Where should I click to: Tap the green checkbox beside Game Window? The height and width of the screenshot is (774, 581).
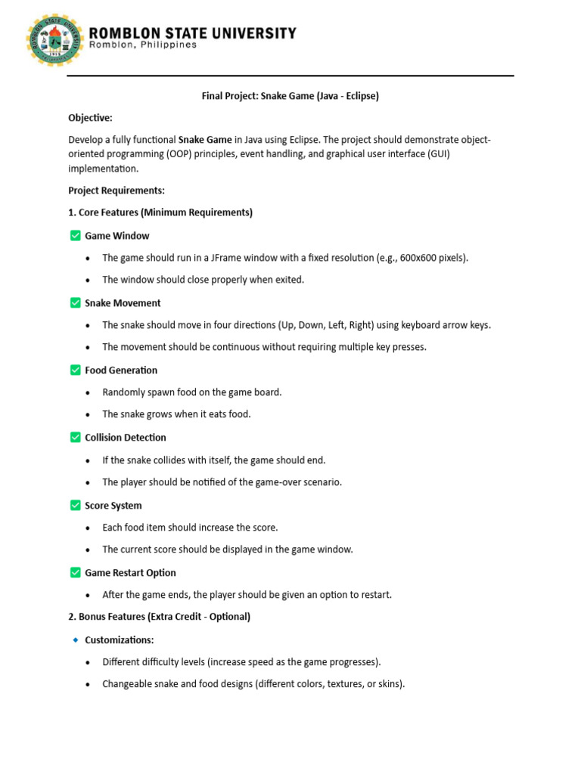75,236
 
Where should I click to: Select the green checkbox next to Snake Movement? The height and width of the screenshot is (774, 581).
75,303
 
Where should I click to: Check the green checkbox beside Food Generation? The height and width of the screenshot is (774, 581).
75,370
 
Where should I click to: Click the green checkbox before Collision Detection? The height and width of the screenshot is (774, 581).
75,438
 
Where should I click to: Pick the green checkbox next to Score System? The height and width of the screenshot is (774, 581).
75,506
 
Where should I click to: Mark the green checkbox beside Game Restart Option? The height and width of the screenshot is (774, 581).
75,573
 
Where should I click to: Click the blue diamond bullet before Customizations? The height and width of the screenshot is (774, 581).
75,640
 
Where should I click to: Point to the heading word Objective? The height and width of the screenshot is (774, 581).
90,118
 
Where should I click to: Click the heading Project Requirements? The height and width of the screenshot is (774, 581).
117,190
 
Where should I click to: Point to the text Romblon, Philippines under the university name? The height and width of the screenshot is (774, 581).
143,45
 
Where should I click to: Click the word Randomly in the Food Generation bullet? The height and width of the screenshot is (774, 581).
123,392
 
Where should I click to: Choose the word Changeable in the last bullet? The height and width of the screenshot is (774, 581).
128,684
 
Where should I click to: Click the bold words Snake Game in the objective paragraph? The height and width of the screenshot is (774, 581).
205,140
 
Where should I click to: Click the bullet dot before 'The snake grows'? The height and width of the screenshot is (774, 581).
88,415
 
